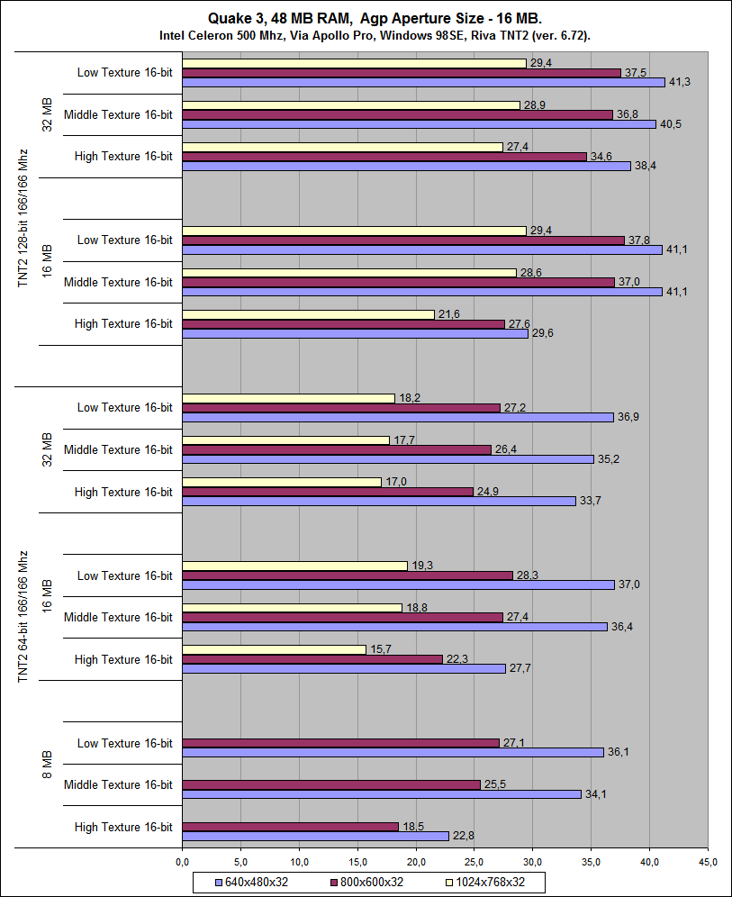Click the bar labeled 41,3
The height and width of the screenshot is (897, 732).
(x=423, y=82)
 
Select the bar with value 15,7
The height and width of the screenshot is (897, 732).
(x=274, y=649)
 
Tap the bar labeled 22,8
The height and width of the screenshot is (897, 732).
(x=315, y=836)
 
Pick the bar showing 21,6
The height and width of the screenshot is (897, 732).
(x=308, y=314)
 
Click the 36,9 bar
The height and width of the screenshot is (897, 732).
(x=398, y=417)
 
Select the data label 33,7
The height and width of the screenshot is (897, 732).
(x=591, y=501)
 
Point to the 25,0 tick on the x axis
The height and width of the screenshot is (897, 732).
(x=474, y=862)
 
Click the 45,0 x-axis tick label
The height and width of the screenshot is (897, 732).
(x=708, y=862)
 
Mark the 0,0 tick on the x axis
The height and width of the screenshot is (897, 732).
(x=182, y=862)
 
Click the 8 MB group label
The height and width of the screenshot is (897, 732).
(x=49, y=784)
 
